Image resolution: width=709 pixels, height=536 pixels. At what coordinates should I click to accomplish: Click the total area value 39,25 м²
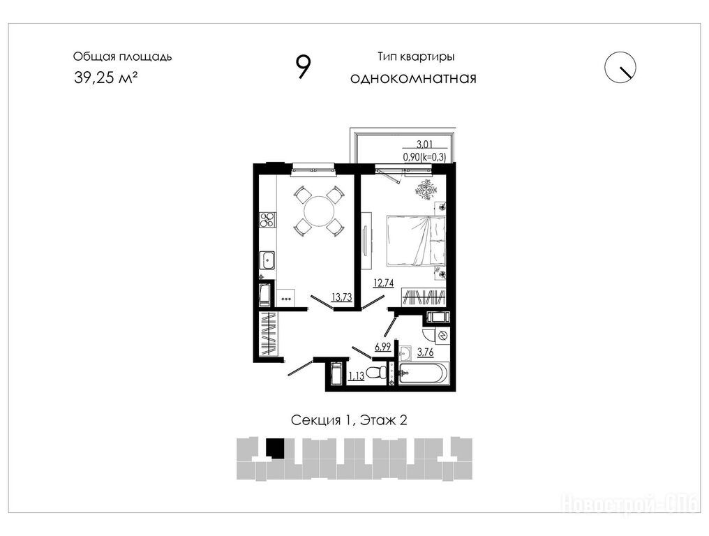point(105,77)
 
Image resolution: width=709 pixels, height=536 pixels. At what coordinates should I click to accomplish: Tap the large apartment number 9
point(303,67)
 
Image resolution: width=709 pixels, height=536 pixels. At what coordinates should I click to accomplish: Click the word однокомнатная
point(413,78)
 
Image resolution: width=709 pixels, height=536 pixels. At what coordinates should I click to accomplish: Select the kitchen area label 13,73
point(342,297)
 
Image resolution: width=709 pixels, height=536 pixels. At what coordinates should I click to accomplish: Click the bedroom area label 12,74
point(383,283)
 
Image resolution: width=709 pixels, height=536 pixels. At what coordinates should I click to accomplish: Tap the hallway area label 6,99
point(382,347)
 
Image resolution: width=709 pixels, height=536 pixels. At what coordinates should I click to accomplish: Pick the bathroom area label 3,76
point(425,352)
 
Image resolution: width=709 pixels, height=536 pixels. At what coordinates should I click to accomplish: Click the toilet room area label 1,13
point(357,375)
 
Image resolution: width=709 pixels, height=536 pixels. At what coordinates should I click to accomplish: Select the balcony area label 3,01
point(424,144)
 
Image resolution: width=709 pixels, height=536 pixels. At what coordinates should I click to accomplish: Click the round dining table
point(320,211)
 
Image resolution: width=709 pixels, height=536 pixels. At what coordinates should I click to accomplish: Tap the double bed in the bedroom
point(415,241)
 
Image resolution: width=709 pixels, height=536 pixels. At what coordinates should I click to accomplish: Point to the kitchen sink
point(267,260)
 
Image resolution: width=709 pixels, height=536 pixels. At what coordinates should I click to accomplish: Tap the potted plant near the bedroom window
point(425,188)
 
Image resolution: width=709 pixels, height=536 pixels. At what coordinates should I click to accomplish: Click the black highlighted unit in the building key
point(274,448)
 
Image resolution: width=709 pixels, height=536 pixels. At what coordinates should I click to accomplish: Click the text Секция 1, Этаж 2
point(349,420)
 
